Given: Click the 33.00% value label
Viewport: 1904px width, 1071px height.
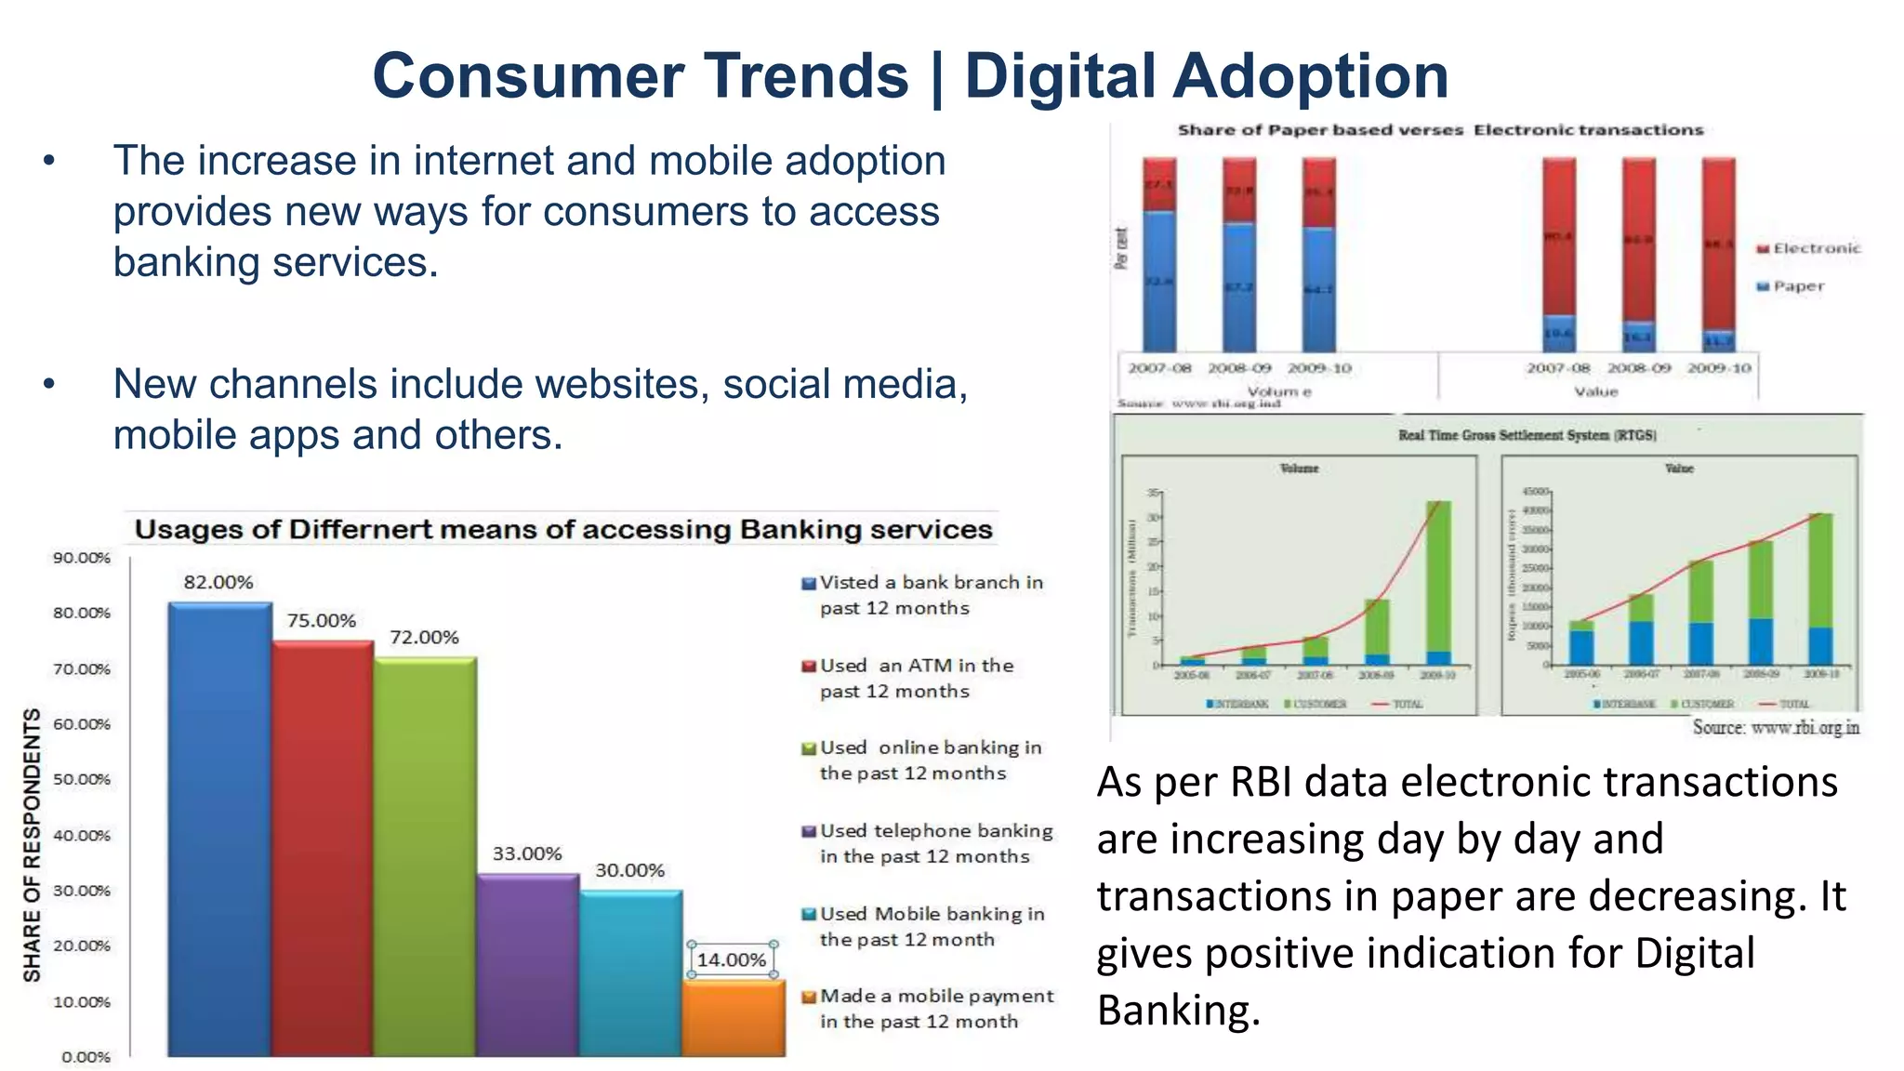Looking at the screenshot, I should (527, 853).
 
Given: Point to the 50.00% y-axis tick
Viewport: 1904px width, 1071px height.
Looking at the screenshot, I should (82, 779).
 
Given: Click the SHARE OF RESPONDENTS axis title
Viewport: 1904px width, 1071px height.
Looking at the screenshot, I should (33, 844).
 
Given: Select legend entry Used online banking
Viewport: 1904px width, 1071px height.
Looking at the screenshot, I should (930, 760).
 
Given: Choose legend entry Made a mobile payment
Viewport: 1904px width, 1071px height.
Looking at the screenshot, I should (935, 1009).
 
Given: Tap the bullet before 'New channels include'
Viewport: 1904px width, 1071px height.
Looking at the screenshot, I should (49, 384).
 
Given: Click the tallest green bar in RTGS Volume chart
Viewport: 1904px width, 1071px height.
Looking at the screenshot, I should (1438, 576).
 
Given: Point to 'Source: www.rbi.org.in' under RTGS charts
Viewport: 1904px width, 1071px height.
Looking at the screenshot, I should (1775, 727).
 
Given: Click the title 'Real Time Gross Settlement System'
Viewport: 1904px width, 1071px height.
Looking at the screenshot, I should (1527, 435).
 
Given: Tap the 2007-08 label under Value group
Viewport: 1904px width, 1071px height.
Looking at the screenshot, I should (1558, 368).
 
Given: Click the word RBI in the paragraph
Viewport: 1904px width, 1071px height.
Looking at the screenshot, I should (1261, 783).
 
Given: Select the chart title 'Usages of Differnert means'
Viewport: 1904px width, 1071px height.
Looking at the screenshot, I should (563, 530).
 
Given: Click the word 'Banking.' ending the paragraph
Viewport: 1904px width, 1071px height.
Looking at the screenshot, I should (1178, 1011).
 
